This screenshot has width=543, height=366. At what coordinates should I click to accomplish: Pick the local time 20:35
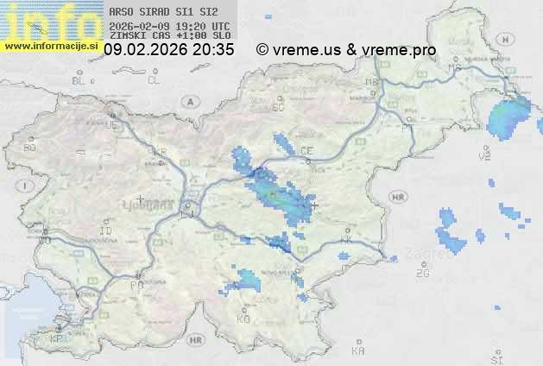coord(213,50)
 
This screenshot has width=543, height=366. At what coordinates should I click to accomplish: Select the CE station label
coord(306,151)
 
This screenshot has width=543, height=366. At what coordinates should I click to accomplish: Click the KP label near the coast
coord(57,339)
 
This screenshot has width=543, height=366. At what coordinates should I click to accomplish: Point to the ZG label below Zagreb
coord(422,274)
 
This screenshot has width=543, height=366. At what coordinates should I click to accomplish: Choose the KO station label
coord(243,319)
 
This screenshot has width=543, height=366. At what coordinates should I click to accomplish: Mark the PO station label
coord(136,284)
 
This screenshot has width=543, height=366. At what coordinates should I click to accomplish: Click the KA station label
coord(357,351)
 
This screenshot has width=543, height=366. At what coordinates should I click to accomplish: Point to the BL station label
coord(80,80)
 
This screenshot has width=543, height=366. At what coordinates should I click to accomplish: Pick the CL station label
coord(154,80)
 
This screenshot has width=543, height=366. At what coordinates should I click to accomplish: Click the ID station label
coord(105,231)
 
